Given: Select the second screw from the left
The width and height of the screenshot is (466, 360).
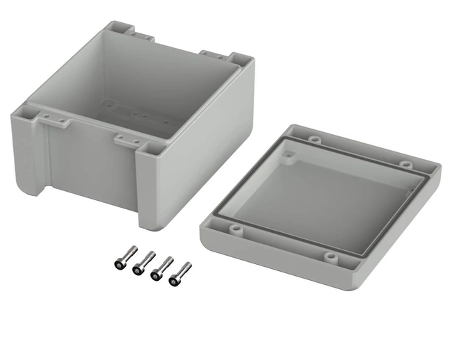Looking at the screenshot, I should [143, 263].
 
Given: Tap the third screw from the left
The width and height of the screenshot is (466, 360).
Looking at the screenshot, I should [162, 267].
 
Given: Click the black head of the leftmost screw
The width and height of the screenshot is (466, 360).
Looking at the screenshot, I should [118, 264].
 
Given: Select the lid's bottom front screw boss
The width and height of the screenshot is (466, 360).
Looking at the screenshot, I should [330, 258].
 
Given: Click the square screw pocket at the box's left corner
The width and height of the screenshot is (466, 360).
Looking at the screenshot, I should [33, 109].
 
